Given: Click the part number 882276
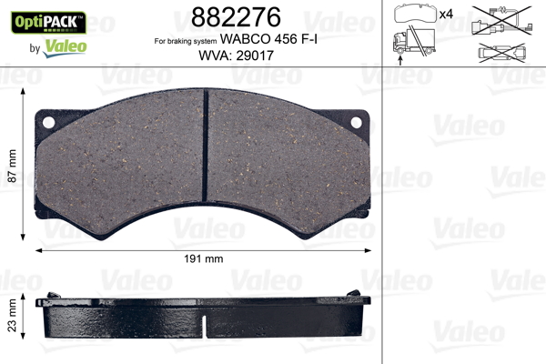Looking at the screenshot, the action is (236, 16).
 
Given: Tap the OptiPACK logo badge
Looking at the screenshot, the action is (48, 22).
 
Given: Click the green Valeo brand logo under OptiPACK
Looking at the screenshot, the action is (65, 47).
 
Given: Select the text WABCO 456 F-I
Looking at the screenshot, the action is (268, 39).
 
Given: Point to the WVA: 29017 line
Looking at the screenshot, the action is (236, 56).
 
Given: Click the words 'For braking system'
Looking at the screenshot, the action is (186, 42).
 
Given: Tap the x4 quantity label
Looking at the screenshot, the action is (446, 15).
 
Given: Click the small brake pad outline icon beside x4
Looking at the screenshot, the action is (415, 14).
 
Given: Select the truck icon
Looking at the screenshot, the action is (414, 42).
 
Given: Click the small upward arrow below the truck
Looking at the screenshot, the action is (400, 61).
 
